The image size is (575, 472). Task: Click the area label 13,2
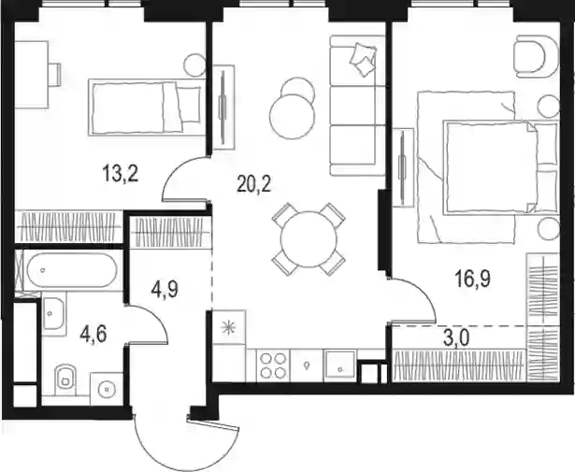coord(121,174)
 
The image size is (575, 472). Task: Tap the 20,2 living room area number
coord(254,184)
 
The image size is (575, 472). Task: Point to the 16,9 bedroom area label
coord(473,279)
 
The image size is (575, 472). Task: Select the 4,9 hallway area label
coord(165,289)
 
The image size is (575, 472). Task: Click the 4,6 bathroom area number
coord(93,335)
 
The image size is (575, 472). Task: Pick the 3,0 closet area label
coord(456,339)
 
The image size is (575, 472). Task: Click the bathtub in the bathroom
coord(72,270)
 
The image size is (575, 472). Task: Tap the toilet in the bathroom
coord(65,379)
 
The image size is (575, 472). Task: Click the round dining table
coord(309,239)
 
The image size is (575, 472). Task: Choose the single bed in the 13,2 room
coord(147,107)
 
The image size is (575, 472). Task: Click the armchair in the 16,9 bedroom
coord(536,56)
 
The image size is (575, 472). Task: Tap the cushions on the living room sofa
coord(363,60)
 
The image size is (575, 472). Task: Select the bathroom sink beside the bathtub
coord(54,313)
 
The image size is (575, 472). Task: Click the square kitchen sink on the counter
coord(340,365)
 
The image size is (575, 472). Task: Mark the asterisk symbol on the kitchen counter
coord(229,327)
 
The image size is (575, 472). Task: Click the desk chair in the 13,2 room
coord(55,75)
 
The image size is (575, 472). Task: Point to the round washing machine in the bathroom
coord(107,389)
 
